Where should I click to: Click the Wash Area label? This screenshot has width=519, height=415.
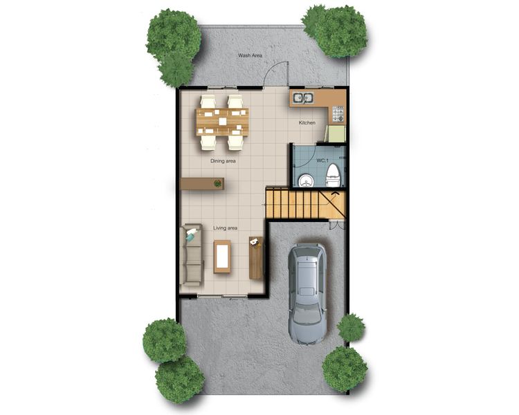pyautogui.click(x=251, y=55)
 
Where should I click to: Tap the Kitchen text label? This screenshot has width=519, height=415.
pyautogui.click(x=307, y=123)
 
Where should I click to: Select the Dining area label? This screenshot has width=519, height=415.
pyautogui.click(x=223, y=161)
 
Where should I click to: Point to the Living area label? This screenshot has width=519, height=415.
pyautogui.click(x=225, y=228)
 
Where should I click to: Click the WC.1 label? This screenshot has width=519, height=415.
pyautogui.click(x=322, y=160)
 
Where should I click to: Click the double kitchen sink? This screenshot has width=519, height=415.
pyautogui.click(x=303, y=98)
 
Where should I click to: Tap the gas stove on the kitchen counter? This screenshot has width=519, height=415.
pyautogui.click(x=338, y=113)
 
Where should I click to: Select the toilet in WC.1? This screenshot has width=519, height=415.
pyautogui.click(x=333, y=176)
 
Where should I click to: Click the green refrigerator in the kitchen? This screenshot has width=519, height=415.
pyautogui.click(x=336, y=133)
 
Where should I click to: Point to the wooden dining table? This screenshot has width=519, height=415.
pyautogui.click(x=222, y=122)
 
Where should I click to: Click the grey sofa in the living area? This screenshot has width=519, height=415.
pyautogui.click(x=191, y=255)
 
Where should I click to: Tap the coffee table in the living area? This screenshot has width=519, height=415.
pyautogui.click(x=222, y=257)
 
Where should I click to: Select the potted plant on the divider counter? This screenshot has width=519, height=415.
pyautogui.click(x=217, y=183)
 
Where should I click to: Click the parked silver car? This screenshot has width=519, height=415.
pyautogui.click(x=307, y=295)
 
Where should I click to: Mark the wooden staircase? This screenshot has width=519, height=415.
pyautogui.click(x=305, y=203)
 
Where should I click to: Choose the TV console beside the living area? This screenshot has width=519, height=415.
pyautogui.click(x=256, y=258)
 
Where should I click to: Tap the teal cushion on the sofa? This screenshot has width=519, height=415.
pyautogui.click(x=191, y=235)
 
